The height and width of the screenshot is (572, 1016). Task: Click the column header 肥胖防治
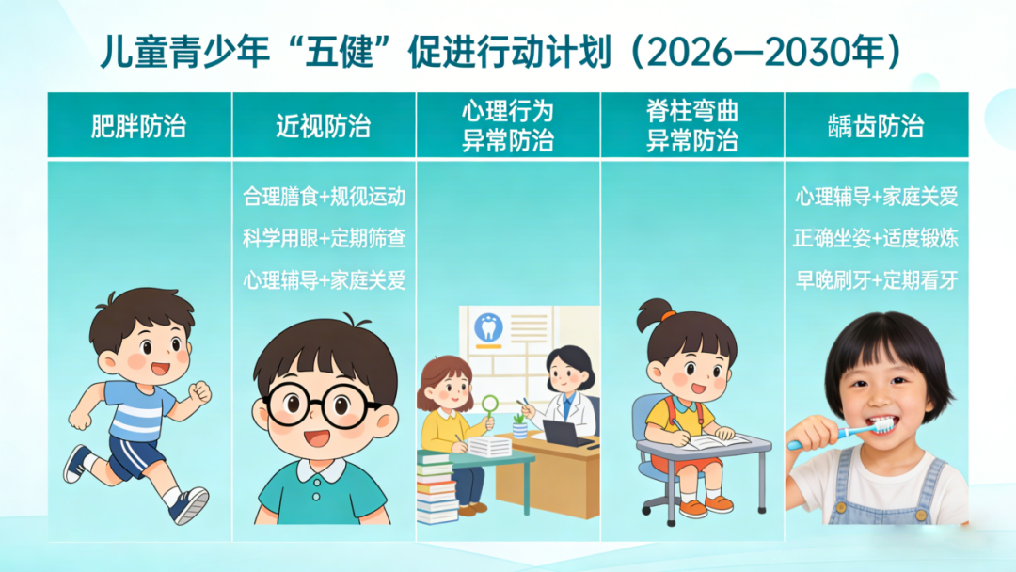tap(138, 126)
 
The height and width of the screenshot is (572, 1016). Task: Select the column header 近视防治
tap(323, 126)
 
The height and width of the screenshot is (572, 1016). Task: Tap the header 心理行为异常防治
tap(507, 126)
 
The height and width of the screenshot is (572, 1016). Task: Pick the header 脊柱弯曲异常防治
tap(691, 126)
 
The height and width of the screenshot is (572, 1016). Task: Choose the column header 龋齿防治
tap(876, 126)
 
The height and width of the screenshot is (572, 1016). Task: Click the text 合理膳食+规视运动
tap(324, 198)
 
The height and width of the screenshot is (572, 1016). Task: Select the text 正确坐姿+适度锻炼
tap(876, 239)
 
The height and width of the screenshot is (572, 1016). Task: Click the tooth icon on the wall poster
tap(488, 326)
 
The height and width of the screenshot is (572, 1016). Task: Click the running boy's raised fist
tap(199, 390)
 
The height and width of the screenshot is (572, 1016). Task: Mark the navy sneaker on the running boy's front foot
tap(189, 506)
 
